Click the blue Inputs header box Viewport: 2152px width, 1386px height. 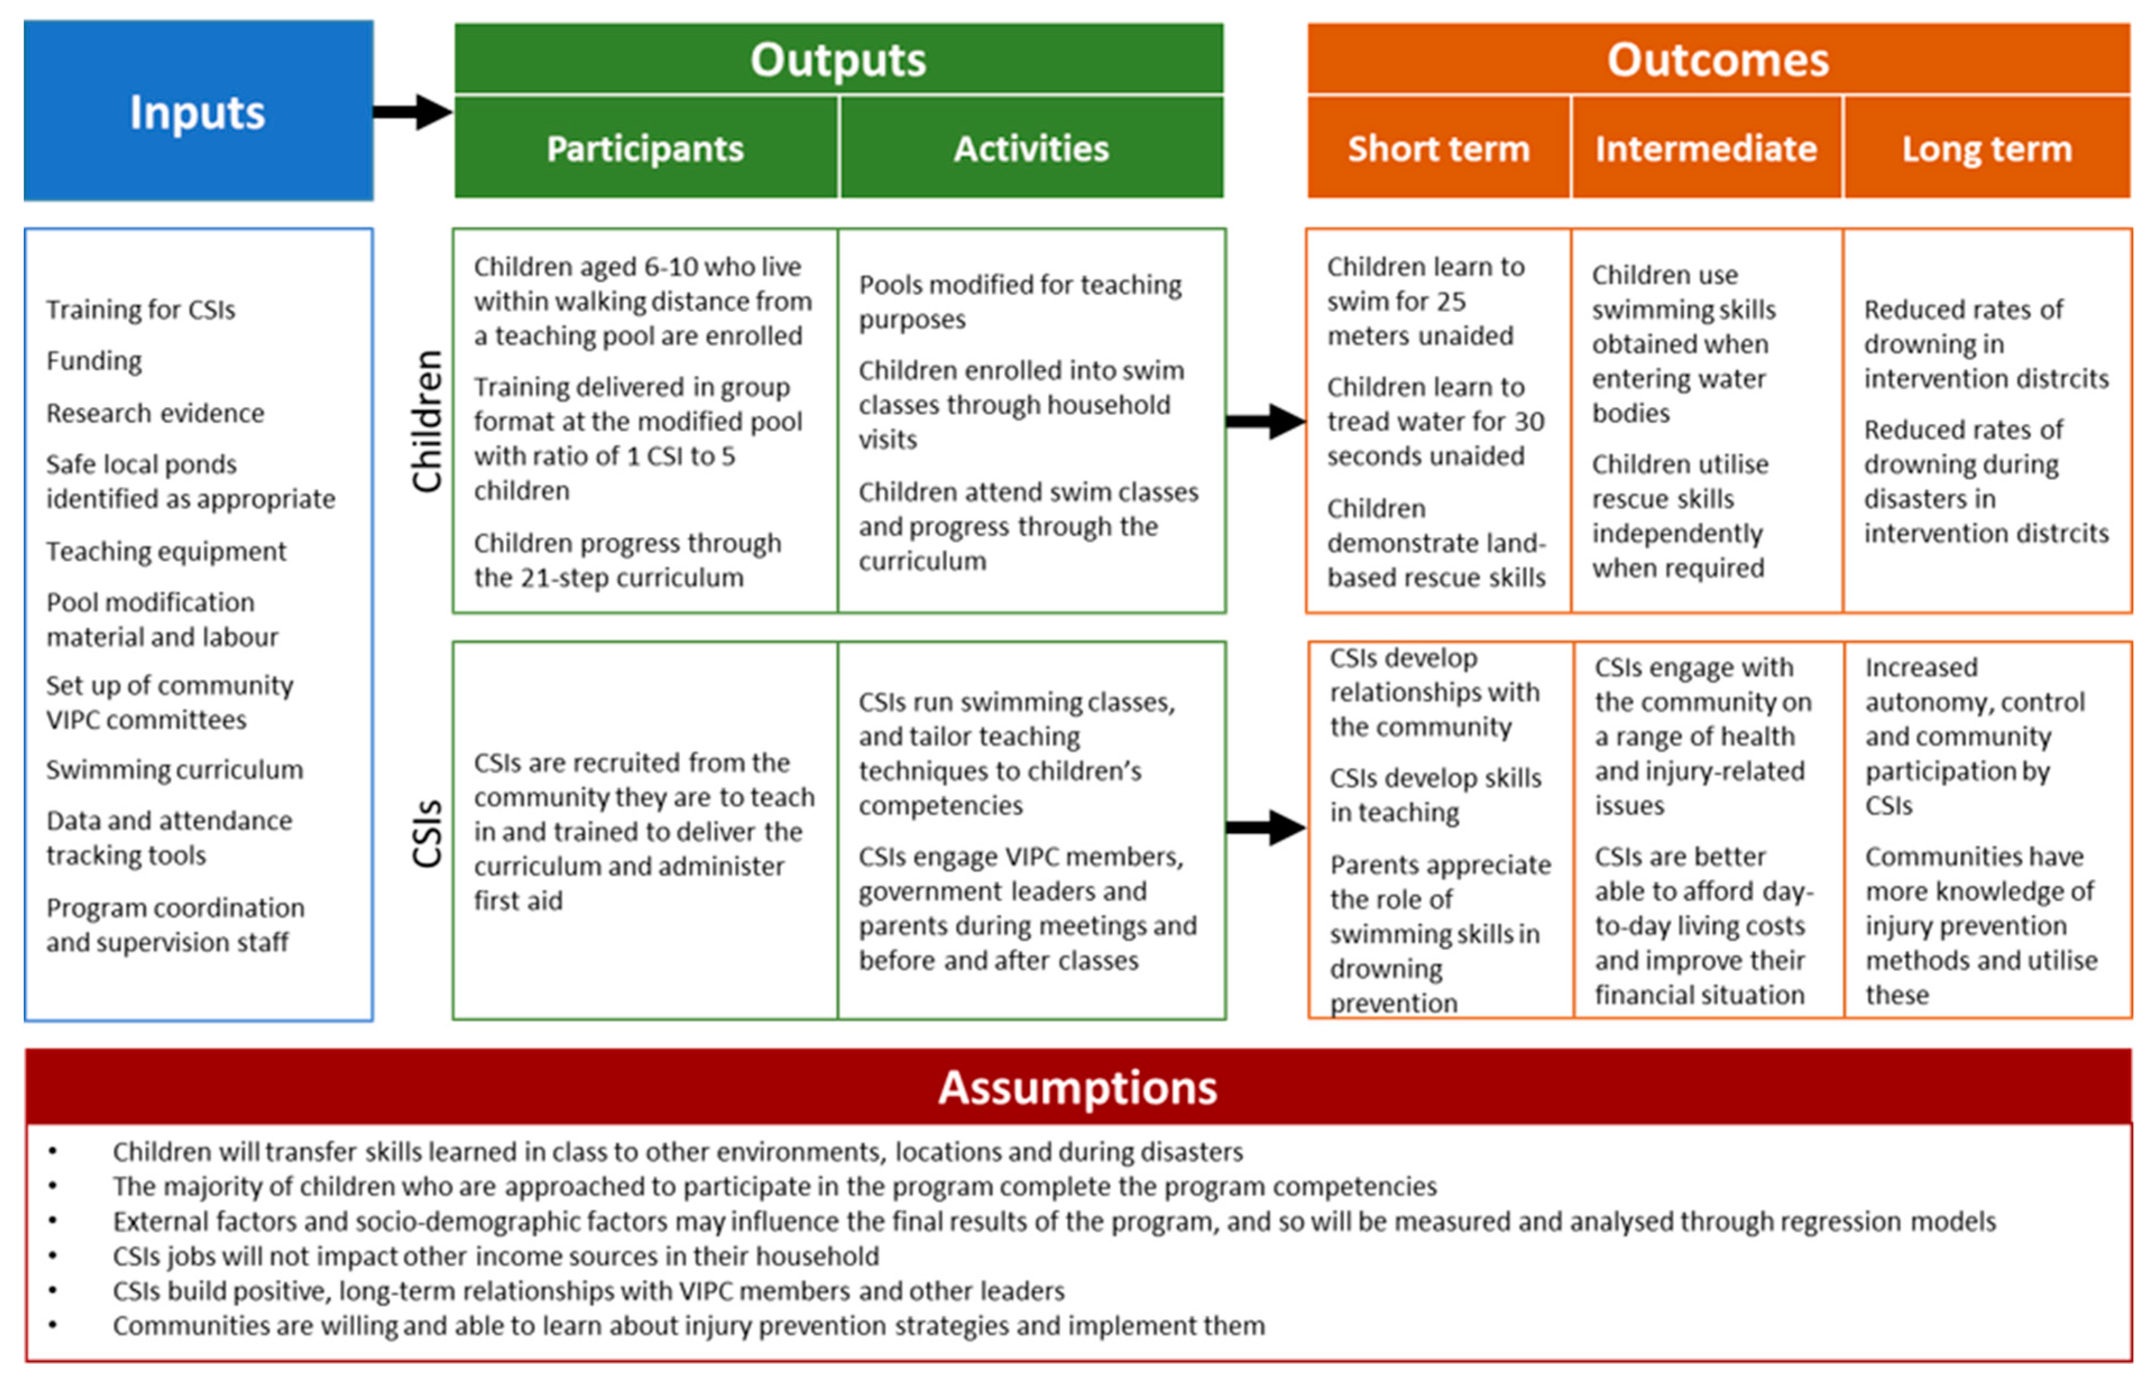198,110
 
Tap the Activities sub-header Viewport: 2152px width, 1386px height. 1031,149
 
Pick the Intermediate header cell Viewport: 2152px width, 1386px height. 1706,149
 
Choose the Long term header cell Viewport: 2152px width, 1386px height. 1987,149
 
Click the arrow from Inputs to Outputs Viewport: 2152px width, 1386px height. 412,112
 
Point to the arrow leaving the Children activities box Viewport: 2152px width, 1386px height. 1265,421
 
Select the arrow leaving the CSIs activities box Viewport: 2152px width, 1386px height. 1265,827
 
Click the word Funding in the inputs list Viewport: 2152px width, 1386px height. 94,361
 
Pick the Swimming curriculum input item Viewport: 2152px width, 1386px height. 174,770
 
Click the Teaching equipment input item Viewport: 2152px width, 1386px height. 167,551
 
